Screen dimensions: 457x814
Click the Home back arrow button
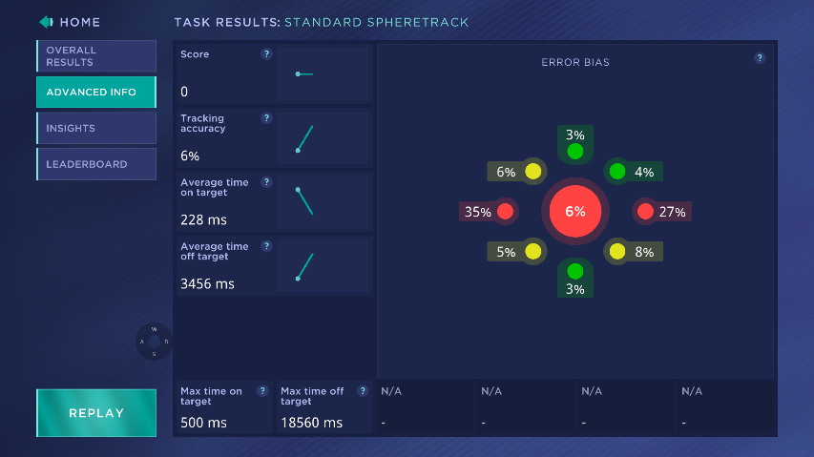point(46,22)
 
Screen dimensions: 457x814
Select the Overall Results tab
point(95,56)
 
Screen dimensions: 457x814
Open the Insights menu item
point(95,128)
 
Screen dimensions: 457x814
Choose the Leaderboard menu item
point(95,164)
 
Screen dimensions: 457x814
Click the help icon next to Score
point(266,54)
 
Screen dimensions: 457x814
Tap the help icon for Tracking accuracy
point(266,118)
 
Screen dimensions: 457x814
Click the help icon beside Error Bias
point(760,58)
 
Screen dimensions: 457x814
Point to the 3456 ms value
point(207,283)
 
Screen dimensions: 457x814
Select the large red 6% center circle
point(574,212)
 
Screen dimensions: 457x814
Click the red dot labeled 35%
point(505,212)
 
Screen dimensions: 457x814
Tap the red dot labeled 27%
point(645,212)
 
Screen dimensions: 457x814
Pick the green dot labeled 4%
point(617,172)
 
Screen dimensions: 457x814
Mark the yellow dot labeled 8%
point(617,252)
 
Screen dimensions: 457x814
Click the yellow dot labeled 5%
point(532,252)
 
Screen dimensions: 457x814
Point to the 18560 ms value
point(311,422)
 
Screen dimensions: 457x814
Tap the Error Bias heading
point(575,63)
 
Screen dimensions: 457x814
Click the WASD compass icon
point(154,341)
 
